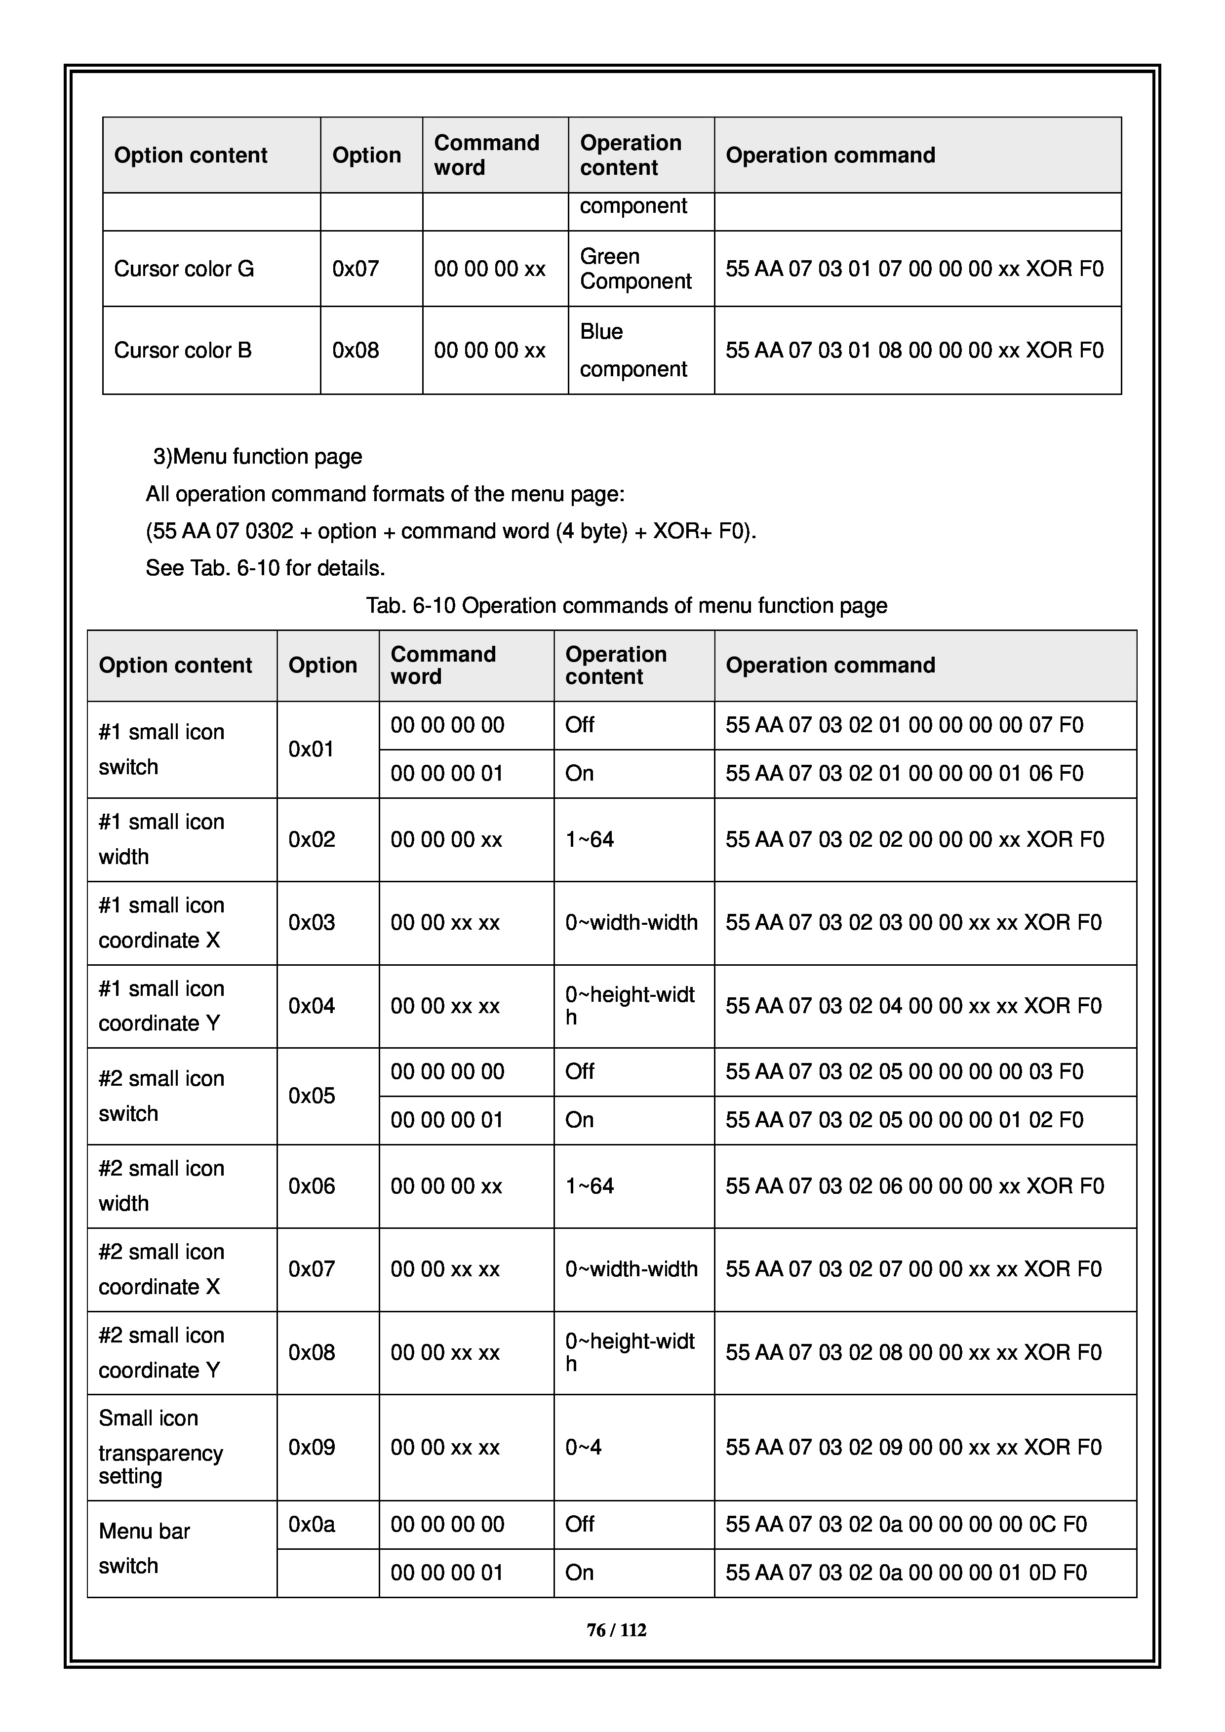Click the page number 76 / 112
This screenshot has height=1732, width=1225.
click(x=616, y=1630)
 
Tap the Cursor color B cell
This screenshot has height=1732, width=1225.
click(x=183, y=350)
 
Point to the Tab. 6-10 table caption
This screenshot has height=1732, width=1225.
click(x=626, y=606)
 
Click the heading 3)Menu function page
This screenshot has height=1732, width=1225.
click(x=257, y=456)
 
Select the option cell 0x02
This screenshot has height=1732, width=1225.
click(x=312, y=840)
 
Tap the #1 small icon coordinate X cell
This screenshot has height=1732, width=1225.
click(x=160, y=923)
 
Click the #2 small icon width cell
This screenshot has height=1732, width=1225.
click(x=160, y=1186)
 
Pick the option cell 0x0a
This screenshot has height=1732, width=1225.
click(x=312, y=1525)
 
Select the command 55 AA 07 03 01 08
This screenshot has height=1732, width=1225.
click(x=914, y=350)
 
